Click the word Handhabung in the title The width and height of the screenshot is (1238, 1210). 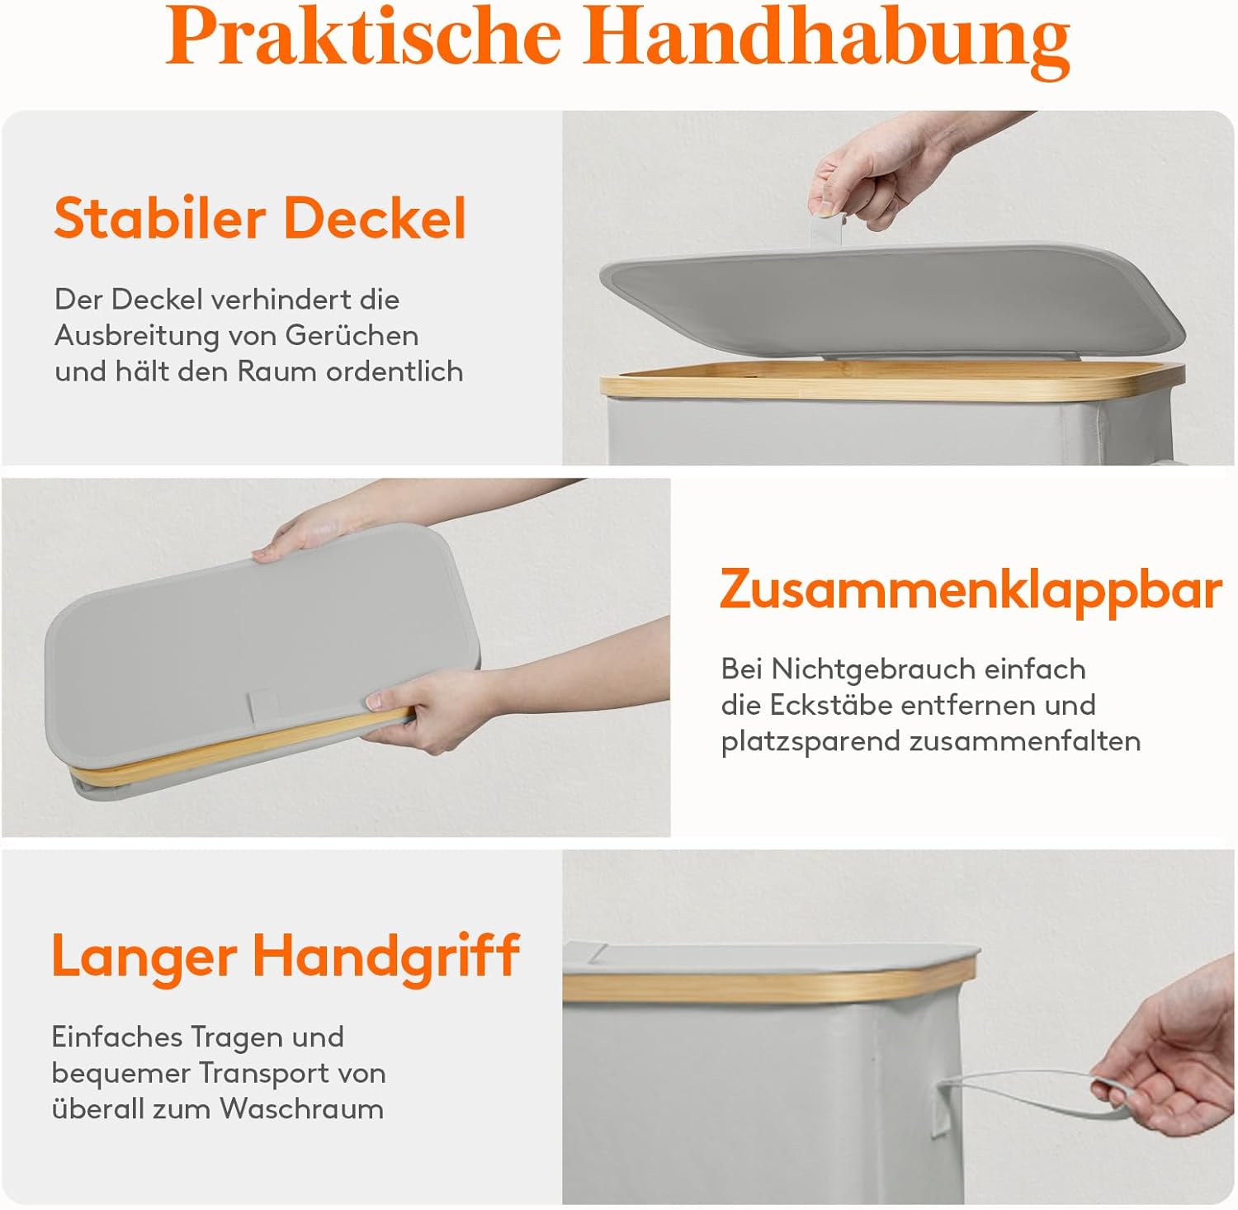[828, 41]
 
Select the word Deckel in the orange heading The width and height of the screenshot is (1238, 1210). [376, 218]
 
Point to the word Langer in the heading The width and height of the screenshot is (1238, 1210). [144, 958]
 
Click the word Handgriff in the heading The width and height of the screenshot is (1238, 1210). [386, 957]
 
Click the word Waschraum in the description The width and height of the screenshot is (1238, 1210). [302, 1108]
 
